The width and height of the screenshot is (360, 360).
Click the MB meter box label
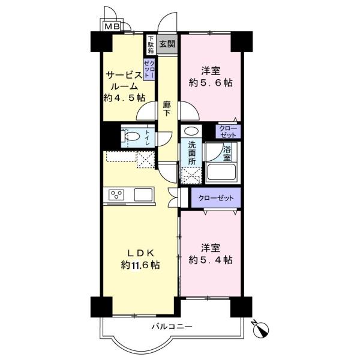112,26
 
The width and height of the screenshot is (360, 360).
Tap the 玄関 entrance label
167,44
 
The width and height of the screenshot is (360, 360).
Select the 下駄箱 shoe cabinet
151,44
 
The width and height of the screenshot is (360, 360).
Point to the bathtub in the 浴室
221,172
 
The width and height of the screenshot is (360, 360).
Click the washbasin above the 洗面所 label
191,131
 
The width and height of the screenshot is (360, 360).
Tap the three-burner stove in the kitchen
116,195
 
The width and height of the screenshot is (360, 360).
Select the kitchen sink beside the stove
143,194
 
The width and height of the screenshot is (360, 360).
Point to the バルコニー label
172,326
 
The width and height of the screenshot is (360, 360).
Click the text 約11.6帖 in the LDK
140,265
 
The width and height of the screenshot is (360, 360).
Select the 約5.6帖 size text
211,83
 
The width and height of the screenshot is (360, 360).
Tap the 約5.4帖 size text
211,260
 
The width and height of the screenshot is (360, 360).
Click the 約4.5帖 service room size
124,98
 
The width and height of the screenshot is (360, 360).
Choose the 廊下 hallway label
167,109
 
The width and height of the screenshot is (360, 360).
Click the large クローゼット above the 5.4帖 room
216,197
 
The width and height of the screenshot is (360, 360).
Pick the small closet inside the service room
149,69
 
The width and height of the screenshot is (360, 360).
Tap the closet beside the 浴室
228,131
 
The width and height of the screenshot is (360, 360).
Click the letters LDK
140,253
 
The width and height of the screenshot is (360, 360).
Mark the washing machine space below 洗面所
191,175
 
